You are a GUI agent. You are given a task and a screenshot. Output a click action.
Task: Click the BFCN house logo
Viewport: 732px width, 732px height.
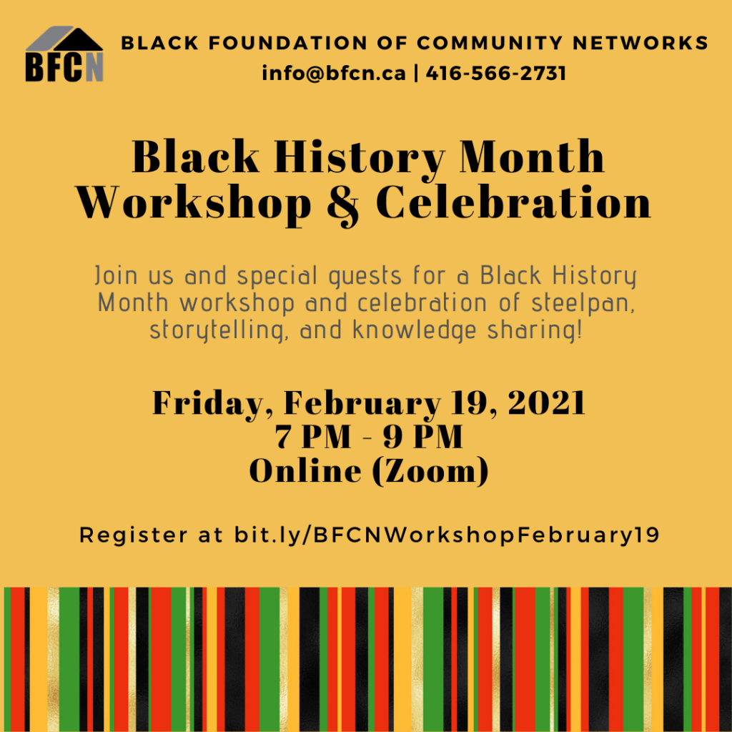pos(64,54)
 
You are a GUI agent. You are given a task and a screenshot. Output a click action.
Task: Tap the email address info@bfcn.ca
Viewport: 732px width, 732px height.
pos(334,74)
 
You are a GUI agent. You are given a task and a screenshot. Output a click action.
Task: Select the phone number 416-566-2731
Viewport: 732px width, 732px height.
pos(496,74)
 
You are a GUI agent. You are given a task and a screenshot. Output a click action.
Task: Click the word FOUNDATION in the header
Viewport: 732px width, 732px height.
pos(288,43)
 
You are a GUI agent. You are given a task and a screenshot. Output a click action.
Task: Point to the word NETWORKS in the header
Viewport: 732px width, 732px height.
pos(640,43)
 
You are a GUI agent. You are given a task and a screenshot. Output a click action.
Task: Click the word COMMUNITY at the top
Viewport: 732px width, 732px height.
pos(490,43)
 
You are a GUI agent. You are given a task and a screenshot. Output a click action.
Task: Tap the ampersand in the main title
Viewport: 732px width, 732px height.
pos(343,204)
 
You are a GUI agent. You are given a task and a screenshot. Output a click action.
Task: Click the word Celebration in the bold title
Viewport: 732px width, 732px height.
pos(513,202)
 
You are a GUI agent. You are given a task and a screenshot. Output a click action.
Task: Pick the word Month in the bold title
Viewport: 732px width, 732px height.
pos(532,157)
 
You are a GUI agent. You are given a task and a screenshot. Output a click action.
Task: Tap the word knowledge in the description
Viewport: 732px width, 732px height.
pos(414,330)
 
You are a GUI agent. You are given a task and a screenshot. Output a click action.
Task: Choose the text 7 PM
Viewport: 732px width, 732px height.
pos(313,437)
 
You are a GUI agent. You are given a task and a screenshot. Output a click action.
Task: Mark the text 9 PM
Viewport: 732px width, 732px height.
pos(423,437)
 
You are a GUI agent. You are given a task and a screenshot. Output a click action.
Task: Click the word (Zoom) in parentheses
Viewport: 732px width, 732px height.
pos(430,471)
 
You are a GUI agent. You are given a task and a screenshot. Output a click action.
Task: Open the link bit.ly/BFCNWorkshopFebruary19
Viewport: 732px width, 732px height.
pos(447,535)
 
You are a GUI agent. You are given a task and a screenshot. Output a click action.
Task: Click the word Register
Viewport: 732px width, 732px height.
pos(134,535)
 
